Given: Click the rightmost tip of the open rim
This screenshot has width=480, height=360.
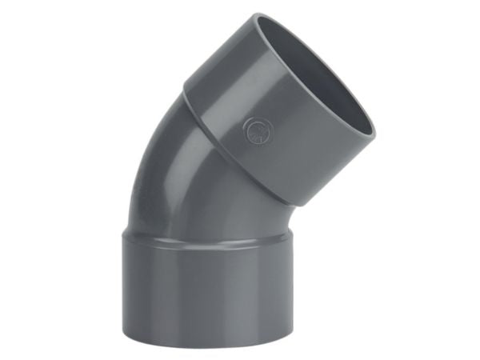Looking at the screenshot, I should coord(374,128).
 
